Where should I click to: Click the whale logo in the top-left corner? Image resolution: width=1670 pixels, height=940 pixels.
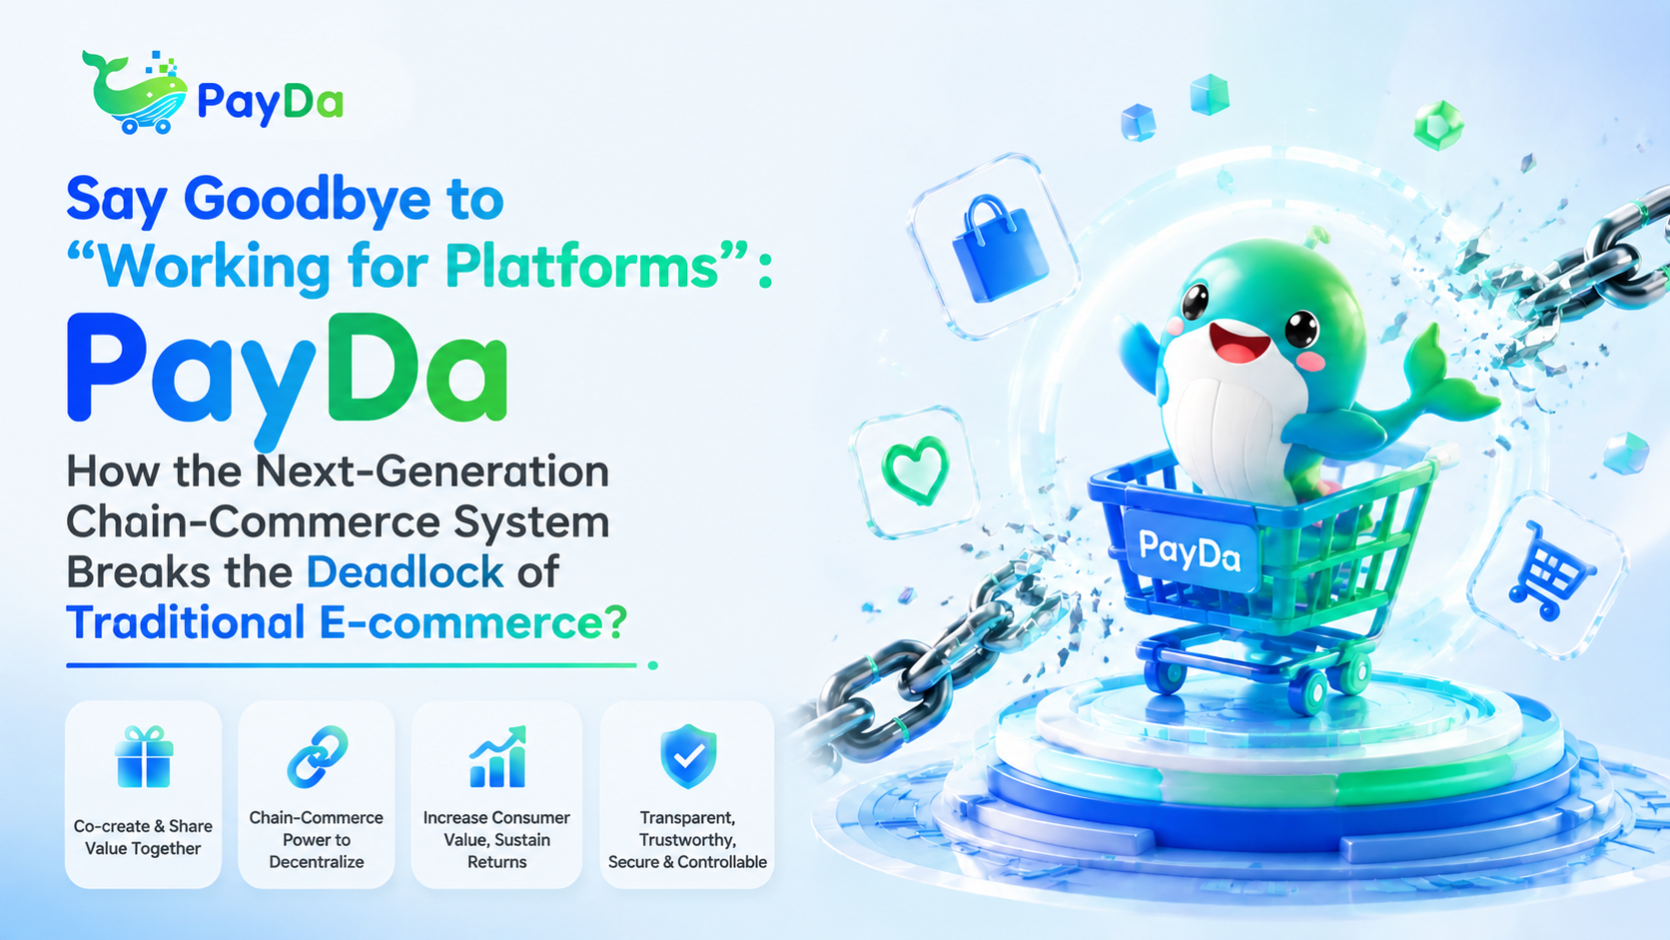(136, 93)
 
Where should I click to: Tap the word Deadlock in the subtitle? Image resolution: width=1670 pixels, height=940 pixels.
(405, 571)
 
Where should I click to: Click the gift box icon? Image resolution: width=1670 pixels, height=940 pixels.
(144, 756)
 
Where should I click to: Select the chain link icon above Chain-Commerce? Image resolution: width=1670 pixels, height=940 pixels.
(318, 756)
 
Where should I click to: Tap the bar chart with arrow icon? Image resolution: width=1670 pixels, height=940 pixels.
(498, 756)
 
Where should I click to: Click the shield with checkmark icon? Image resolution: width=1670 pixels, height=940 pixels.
(688, 756)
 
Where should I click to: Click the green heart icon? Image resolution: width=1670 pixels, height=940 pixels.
(916, 470)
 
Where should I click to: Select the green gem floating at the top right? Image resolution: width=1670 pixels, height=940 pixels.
(1438, 125)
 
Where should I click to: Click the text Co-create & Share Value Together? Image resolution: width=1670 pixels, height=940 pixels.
(143, 837)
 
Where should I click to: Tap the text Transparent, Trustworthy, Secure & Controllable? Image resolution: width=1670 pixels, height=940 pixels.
(687, 839)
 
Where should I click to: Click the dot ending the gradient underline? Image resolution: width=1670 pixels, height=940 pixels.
(652, 665)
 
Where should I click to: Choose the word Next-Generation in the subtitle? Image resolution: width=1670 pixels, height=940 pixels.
(432, 471)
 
